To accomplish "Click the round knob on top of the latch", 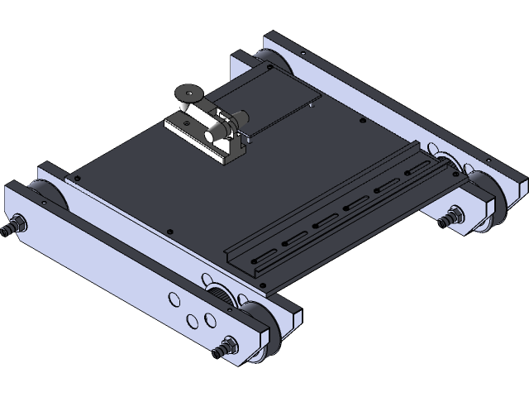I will pyautogui.click(x=188, y=93).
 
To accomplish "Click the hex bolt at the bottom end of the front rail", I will pyautogui.click(x=223, y=347).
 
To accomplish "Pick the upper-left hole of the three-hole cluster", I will pyautogui.click(x=174, y=299).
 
